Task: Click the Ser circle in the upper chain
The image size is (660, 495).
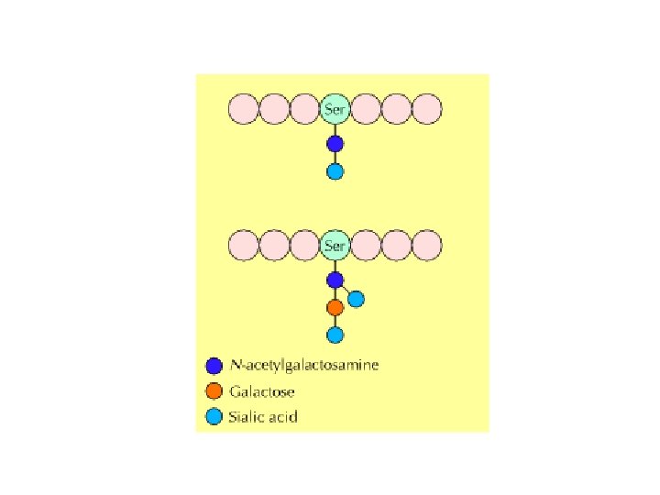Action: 335,110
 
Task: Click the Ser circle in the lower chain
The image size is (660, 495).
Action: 335,246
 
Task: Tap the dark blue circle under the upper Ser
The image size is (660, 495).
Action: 335,144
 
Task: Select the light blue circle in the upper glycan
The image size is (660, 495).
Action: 335,171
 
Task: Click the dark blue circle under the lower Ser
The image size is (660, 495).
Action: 335,280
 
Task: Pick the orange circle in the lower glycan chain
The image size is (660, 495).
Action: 335,307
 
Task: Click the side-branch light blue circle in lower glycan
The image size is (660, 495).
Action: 356,299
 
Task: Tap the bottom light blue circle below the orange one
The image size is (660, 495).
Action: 335,335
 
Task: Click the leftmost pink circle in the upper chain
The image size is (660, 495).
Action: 243,110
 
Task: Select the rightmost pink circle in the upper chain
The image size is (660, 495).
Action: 427,110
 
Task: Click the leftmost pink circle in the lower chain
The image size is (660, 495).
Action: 243,246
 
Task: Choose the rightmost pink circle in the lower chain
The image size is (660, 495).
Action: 427,246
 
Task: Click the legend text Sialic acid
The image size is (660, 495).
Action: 264,417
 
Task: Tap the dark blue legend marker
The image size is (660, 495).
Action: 214,365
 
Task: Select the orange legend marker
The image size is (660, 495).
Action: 214,391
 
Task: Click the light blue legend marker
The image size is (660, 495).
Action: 214,417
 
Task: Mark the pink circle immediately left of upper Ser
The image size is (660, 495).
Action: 304,110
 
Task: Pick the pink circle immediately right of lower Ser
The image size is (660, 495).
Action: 366,246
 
